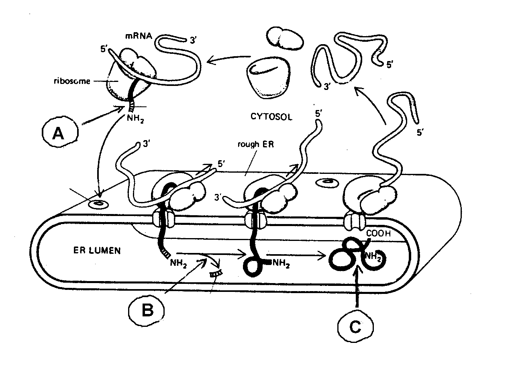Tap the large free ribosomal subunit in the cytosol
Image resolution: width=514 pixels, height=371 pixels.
(267, 79)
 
